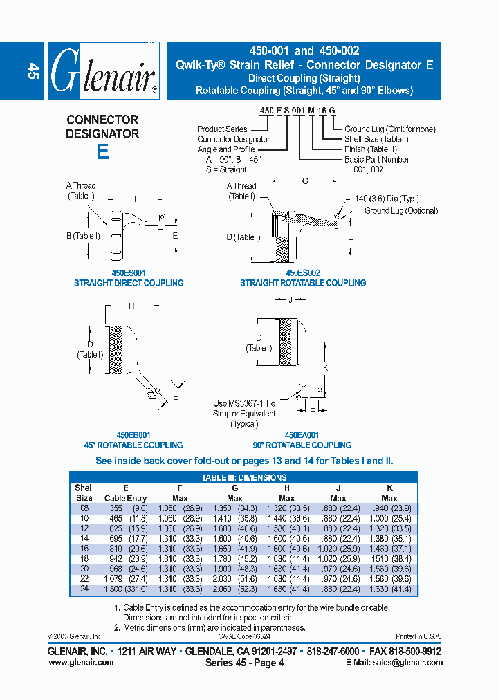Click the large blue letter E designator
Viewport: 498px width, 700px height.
coord(102,151)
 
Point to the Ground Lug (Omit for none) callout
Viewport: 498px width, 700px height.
coord(390,129)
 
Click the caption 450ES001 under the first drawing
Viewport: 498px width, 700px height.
coord(129,273)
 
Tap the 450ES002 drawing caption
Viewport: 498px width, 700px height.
coord(303,273)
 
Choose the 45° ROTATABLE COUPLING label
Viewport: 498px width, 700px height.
coord(129,445)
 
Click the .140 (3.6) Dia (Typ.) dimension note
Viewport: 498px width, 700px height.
coord(394,199)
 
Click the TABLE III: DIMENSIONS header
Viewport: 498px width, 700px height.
coord(243,477)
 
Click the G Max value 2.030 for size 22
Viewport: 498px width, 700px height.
coord(223,579)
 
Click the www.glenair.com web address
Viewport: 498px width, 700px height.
coord(80,662)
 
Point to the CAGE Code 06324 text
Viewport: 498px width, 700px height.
coord(244,636)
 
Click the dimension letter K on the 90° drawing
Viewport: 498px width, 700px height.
coord(326,367)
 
